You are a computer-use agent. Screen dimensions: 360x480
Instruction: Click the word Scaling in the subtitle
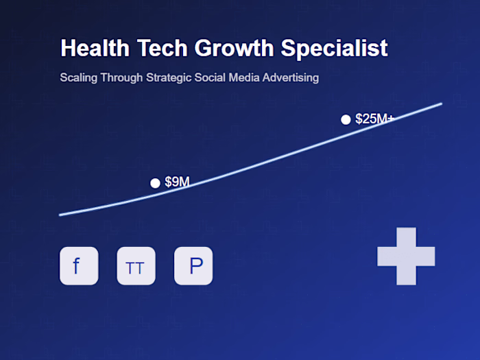[x=78, y=78]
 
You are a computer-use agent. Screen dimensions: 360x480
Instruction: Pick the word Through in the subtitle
[x=122, y=78]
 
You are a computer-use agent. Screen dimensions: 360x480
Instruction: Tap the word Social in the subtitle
[x=211, y=78]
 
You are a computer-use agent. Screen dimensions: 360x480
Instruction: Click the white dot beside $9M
[x=155, y=183]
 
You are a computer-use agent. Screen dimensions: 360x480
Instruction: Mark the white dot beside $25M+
[x=346, y=120]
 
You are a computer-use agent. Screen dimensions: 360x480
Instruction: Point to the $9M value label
[x=177, y=182]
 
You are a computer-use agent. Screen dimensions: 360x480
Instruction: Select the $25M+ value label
[x=374, y=119]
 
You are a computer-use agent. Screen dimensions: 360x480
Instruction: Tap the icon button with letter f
[x=79, y=266]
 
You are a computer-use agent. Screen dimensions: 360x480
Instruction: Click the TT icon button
[x=136, y=266]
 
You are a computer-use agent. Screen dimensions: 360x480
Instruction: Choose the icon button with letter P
[x=193, y=266]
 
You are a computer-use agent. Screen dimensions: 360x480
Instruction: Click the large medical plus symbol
[x=406, y=256]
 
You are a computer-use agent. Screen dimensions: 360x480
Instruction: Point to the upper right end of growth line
[x=440, y=104]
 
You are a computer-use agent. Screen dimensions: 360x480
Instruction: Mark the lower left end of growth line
[x=61, y=215]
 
